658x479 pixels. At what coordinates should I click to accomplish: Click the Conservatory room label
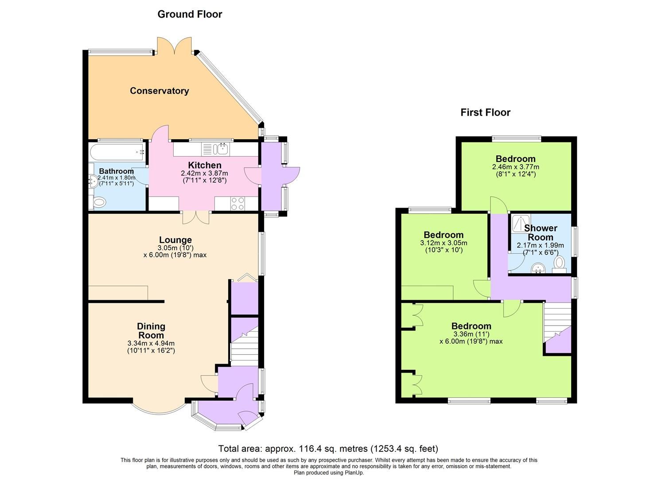159,91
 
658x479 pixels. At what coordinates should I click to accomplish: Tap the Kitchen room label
204,165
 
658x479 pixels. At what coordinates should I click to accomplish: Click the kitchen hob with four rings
237,204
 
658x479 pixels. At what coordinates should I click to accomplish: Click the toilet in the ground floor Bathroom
100,203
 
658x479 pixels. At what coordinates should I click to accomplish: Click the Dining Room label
151,330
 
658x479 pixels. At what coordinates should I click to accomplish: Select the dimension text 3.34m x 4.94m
151,343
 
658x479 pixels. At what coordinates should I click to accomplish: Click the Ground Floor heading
190,14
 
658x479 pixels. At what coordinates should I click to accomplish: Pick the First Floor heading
485,113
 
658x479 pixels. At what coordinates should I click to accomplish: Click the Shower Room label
541,232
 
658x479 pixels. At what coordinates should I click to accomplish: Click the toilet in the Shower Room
559,263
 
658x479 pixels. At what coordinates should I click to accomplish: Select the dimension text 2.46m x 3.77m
515,167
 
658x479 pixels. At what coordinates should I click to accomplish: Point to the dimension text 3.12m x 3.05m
443,243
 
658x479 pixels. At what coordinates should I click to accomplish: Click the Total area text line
328,448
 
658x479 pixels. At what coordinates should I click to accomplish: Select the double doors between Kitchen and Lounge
196,217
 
